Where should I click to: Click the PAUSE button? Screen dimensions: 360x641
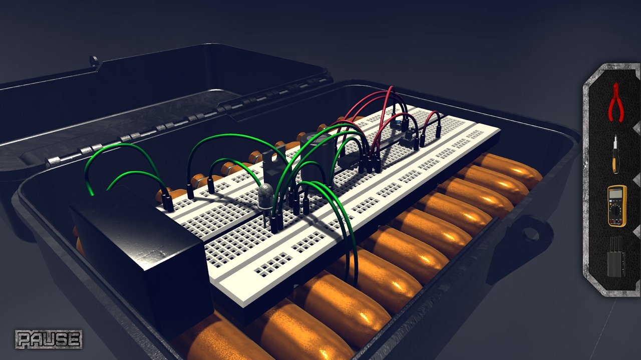pos(48,339)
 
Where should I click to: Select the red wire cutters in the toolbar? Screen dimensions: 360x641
pos(615,103)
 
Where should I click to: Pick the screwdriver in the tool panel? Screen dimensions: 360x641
pos(615,155)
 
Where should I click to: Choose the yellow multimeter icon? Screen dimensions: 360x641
pos(616,205)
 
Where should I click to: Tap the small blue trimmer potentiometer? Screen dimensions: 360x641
pos(396,124)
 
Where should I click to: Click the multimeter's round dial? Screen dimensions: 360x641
pos(616,209)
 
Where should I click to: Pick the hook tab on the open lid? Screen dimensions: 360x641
pos(94,61)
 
